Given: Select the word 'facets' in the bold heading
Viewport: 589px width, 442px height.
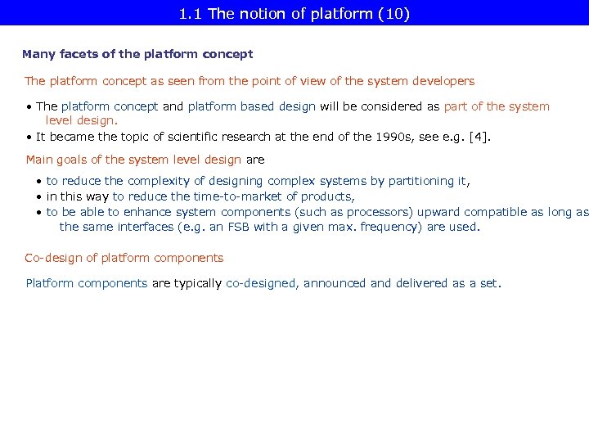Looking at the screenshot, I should (x=75, y=54).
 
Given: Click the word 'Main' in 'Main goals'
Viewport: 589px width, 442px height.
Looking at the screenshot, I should (x=40, y=160).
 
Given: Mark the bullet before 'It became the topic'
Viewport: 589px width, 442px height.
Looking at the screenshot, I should (x=29, y=137).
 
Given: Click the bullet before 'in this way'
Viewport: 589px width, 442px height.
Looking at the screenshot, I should (x=39, y=196).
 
